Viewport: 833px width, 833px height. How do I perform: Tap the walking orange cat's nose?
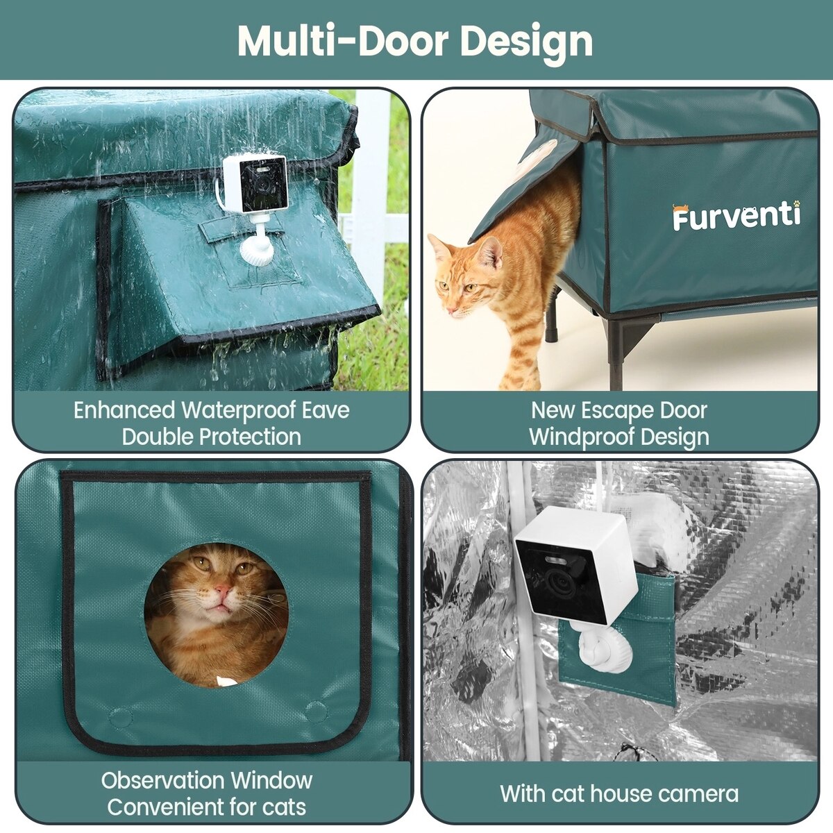[451, 310]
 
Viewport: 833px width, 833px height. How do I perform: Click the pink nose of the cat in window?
[223, 589]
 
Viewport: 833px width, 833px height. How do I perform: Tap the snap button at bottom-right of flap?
[316, 712]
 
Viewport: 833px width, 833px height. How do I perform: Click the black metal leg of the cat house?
[615, 355]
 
